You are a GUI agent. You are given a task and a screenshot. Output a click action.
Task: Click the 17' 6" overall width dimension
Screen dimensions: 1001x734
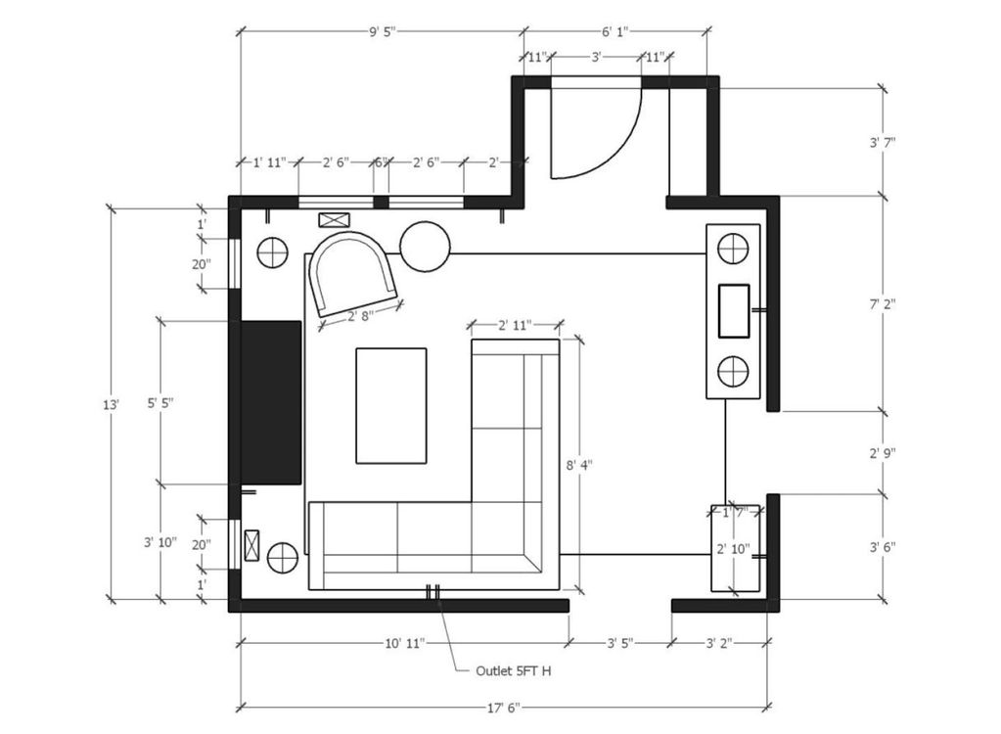click(x=504, y=708)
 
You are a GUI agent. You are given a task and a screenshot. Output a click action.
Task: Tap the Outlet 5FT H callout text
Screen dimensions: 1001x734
click(x=514, y=670)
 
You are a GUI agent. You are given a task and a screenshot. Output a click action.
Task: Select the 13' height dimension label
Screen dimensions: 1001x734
click(x=112, y=404)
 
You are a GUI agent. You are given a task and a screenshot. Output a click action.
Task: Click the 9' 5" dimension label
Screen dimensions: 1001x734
click(x=383, y=31)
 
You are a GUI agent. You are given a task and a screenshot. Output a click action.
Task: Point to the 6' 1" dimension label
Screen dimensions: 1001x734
click(x=615, y=31)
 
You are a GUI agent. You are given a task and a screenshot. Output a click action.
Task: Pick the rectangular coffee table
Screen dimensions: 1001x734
click(x=391, y=406)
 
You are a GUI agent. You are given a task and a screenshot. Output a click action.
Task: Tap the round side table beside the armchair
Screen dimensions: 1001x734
click(x=426, y=246)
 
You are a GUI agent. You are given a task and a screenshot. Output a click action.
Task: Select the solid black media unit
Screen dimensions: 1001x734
click(x=271, y=403)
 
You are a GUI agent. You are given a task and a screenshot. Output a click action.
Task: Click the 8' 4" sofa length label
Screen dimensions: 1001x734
click(x=579, y=465)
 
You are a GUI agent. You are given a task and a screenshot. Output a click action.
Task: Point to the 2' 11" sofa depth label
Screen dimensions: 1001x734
click(x=515, y=326)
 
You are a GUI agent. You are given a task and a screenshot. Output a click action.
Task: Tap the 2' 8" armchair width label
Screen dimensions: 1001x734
click(x=360, y=315)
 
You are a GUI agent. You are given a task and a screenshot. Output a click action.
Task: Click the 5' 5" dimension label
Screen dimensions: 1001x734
click(x=160, y=403)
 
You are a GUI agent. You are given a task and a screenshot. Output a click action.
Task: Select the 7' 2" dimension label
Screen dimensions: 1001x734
click(x=883, y=304)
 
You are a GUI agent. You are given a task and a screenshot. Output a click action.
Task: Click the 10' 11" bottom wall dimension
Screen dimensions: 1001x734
click(x=405, y=643)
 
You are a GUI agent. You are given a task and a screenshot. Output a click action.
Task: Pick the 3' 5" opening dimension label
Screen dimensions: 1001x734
click(x=620, y=643)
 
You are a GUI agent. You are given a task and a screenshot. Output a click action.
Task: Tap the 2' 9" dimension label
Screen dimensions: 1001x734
click(x=883, y=453)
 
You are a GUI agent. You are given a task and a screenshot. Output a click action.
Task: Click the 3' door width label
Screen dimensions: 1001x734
click(x=596, y=58)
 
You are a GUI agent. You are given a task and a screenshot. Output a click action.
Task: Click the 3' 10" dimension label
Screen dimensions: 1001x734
click(x=160, y=542)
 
